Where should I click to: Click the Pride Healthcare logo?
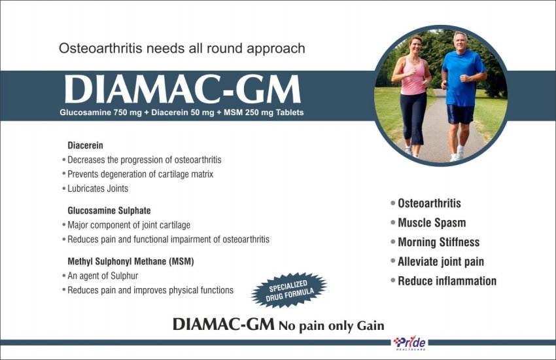click(x=410, y=344)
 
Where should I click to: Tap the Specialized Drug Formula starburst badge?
click(x=289, y=290)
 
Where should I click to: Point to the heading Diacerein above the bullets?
click(x=85, y=145)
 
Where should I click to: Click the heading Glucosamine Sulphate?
click(x=109, y=211)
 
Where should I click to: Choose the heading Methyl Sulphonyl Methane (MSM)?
click(x=131, y=261)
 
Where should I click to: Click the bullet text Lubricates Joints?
click(x=98, y=189)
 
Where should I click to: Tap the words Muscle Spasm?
click(x=432, y=223)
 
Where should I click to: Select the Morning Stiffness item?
click(x=439, y=242)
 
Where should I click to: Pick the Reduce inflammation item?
click(x=447, y=281)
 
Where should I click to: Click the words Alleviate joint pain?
click(x=441, y=262)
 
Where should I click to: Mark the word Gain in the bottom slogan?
click(x=370, y=325)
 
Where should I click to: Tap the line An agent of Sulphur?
click(x=103, y=276)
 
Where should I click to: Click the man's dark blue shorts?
click(x=460, y=114)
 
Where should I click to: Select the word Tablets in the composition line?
click(x=290, y=113)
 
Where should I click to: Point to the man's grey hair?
click(x=460, y=35)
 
